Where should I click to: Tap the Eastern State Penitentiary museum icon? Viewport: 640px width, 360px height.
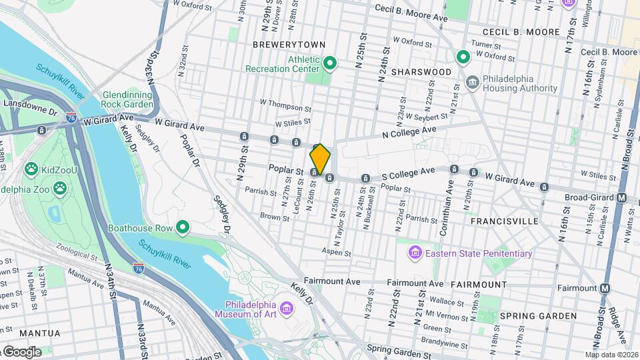(415, 253)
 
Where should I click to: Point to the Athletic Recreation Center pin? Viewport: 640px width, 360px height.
(330, 64)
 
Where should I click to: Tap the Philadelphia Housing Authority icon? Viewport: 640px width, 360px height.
(473, 83)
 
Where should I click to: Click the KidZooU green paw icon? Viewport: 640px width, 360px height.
(31, 169)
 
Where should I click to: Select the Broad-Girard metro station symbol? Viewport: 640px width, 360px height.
(621, 197)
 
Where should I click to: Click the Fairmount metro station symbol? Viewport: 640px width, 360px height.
(605, 288)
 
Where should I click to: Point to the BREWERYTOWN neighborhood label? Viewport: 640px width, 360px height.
(289, 45)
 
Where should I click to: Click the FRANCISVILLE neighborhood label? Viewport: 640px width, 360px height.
(503, 220)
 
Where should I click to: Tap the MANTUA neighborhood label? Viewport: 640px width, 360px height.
(40, 333)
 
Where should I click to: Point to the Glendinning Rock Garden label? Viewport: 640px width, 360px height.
(127, 99)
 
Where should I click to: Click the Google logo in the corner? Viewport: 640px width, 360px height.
(21, 352)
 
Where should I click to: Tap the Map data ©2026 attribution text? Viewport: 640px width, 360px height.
(611, 355)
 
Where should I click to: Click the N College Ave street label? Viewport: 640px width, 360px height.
(409, 133)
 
